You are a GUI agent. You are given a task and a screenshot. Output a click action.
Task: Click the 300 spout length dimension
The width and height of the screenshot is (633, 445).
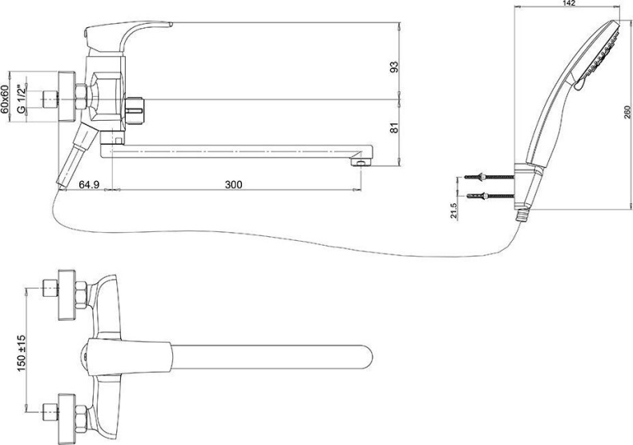coord(233,184)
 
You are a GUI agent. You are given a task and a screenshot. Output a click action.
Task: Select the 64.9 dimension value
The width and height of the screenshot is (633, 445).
coord(90,184)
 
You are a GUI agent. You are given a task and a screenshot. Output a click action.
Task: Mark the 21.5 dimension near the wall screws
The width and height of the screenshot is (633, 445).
coord(454,210)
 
